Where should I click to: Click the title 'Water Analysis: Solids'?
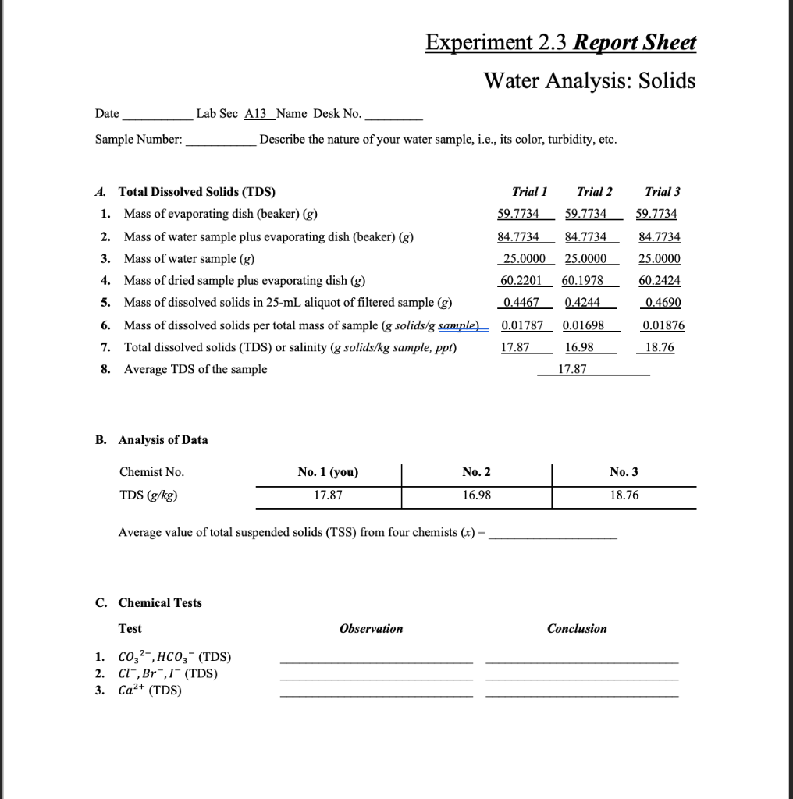pos(589,80)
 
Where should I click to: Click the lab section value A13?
pos(256,114)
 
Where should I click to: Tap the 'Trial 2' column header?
pos(594,192)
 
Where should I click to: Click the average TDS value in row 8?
pos(573,370)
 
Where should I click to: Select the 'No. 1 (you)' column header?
pos(328,472)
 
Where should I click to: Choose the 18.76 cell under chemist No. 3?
pos(624,495)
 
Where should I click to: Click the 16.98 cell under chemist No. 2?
pos(476,495)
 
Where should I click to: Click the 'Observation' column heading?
pos(372,629)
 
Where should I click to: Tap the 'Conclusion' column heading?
pos(577,629)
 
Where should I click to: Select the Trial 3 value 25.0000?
pos(659,259)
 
